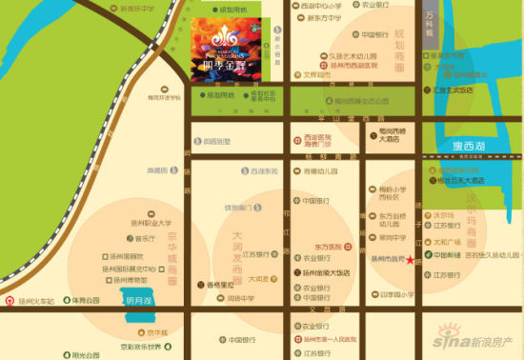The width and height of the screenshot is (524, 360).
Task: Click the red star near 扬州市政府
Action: (412, 260)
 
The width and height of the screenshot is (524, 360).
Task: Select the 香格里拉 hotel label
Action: (221, 285)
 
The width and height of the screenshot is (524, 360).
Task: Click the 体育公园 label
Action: (86, 299)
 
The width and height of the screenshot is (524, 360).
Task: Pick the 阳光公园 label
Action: (86, 353)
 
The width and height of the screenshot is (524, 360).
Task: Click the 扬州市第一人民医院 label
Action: (329, 339)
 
